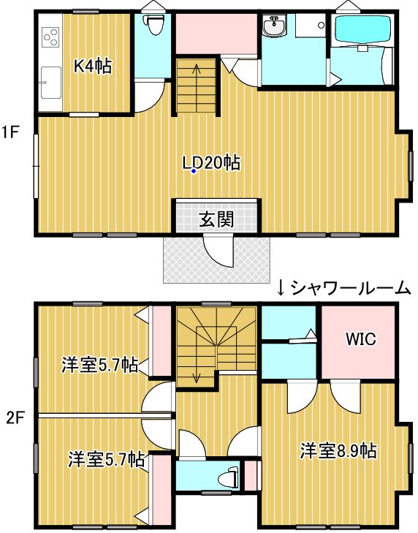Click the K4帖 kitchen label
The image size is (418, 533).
(93, 67)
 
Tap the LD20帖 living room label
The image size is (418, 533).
(211, 163)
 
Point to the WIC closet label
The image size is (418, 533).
(361, 339)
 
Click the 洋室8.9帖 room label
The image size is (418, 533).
(338, 450)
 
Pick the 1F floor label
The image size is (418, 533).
(9, 132)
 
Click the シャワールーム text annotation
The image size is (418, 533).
(350, 289)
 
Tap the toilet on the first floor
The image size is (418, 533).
(153, 24)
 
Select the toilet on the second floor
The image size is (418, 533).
(229, 478)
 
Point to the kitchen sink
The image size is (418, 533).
(51, 83)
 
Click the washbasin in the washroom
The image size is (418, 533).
(274, 26)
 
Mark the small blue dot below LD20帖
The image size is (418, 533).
(194, 171)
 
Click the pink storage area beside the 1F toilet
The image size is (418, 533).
(216, 34)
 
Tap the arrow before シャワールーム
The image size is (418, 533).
(281, 289)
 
